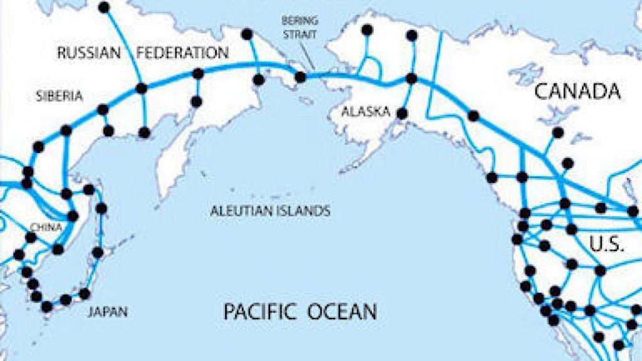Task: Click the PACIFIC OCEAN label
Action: [300, 311]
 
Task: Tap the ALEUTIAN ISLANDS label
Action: [270, 211]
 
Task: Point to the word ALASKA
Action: [366, 112]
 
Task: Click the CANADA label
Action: [577, 93]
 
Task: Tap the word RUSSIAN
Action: [88, 53]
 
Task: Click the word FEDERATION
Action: [182, 53]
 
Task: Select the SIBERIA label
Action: [60, 97]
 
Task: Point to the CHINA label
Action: [47, 228]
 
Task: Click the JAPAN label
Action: [108, 310]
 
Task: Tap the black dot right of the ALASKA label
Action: [403, 113]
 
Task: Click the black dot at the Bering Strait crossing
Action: [300, 76]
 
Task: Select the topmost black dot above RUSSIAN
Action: [104, 7]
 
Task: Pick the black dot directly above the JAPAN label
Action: [85, 293]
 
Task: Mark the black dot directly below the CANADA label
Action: [557, 132]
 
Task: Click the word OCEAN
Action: [342, 311]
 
